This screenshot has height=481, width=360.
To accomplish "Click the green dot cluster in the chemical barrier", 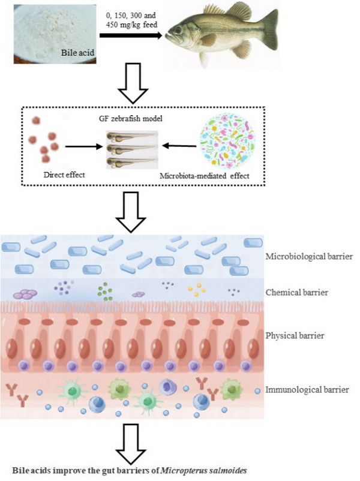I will (x=106, y=293).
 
